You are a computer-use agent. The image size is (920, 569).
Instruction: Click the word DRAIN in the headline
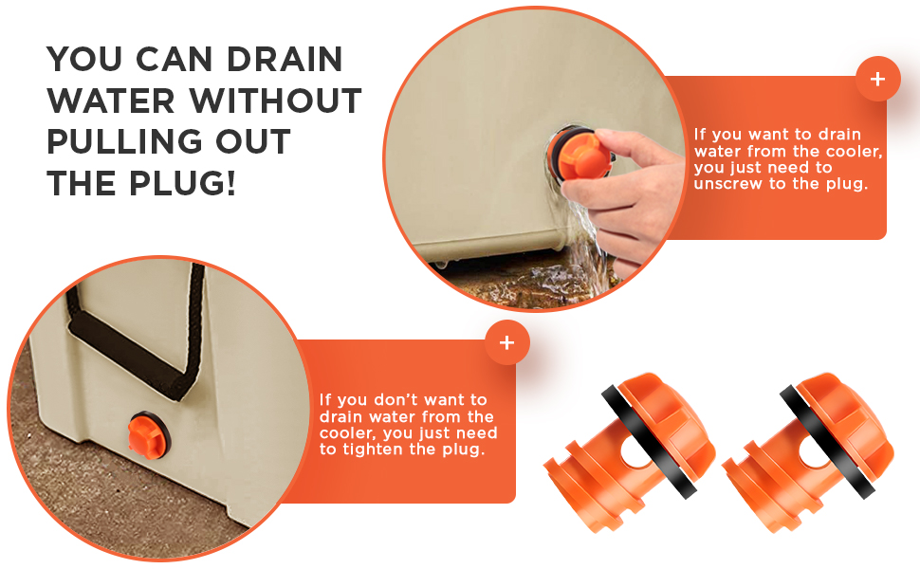(x=285, y=59)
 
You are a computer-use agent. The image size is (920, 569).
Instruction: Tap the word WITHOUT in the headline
(x=275, y=101)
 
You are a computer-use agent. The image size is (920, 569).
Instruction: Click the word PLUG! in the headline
(x=182, y=183)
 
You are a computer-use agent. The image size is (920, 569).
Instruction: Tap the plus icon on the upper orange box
(x=877, y=79)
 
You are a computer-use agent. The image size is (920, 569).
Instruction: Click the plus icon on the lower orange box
(x=506, y=342)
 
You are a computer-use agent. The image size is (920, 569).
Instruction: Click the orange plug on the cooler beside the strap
(x=149, y=435)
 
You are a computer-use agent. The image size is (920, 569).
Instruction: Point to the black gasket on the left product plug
(x=649, y=441)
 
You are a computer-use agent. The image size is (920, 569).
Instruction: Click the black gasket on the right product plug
(x=827, y=441)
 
